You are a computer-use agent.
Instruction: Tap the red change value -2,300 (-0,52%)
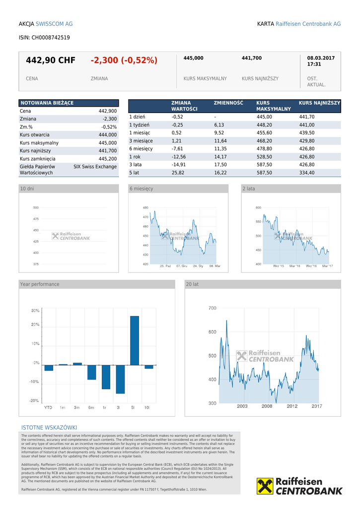point(124,61)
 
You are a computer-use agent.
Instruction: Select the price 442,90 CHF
point(51,61)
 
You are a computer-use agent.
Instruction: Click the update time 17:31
point(314,64)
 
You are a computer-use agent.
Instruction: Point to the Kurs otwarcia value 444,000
point(107,135)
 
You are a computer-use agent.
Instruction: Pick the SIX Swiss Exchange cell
point(95,167)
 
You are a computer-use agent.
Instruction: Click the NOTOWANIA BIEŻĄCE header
point(47,103)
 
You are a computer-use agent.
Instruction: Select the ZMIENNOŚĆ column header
point(228,103)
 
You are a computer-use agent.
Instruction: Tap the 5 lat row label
point(134,173)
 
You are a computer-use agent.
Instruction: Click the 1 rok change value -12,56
point(178,157)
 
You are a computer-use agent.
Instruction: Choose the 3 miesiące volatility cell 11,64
point(220,141)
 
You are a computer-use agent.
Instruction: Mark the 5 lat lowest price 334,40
point(306,173)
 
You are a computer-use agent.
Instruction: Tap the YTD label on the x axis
point(48,407)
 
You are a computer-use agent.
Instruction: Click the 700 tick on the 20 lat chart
point(212,308)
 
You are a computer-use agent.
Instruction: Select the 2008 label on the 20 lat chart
point(267,406)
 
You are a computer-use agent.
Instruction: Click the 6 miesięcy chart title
point(142,189)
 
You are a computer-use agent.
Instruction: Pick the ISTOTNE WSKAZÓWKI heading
point(49,428)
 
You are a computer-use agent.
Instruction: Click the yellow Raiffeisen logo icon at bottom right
point(265,486)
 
